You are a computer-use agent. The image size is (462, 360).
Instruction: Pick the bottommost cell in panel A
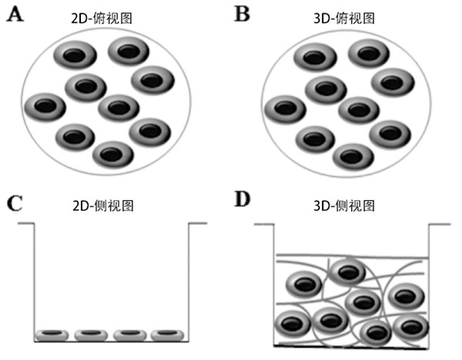[113, 154]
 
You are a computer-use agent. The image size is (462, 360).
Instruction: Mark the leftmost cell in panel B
[286, 108]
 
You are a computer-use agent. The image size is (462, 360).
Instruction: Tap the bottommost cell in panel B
[353, 155]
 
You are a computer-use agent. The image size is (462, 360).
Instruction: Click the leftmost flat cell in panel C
[52, 334]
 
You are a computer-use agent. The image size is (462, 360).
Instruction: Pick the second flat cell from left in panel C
[91, 334]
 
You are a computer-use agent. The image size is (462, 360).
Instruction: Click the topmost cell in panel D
[349, 272]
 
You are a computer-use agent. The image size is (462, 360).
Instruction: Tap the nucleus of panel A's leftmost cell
[47, 106]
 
